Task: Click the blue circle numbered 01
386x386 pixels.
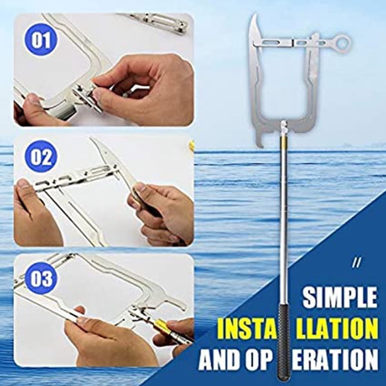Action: coord(40,39)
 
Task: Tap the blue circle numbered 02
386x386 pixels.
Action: coord(40,157)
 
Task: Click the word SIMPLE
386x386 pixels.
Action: coord(340,297)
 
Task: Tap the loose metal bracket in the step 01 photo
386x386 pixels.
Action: coord(157,23)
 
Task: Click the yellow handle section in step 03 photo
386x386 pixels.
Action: coord(160,324)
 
